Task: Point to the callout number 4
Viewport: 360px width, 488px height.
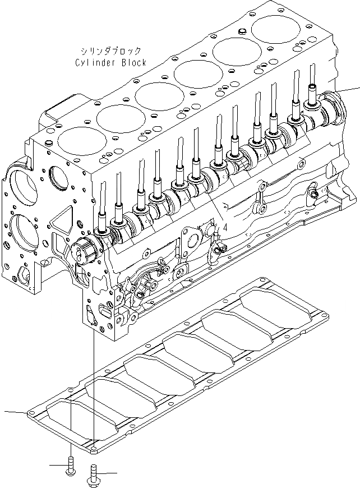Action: tap(224, 228)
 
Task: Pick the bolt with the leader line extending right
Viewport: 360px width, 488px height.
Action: tap(91, 477)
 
